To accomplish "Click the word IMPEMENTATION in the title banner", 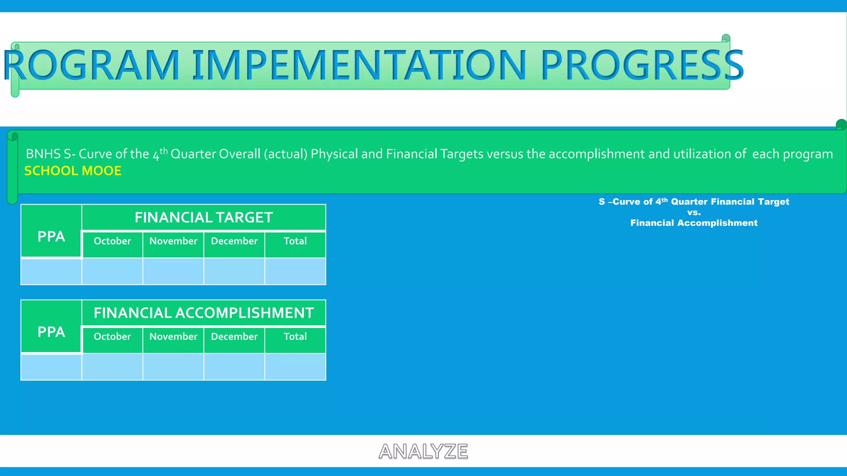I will (x=359, y=65).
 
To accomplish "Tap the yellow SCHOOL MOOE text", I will (x=73, y=171).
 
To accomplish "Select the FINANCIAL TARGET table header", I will (x=203, y=217).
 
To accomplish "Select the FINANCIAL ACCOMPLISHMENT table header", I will (x=203, y=313).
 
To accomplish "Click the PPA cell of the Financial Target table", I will (x=51, y=236).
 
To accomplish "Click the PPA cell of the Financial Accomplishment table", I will (x=51, y=332).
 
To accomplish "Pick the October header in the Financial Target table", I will (x=112, y=241).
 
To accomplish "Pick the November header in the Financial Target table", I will (x=173, y=241).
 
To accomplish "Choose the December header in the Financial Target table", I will (x=234, y=241).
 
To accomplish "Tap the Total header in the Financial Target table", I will (x=295, y=241).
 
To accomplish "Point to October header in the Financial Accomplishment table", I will (x=112, y=336).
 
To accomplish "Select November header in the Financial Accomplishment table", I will (x=173, y=336).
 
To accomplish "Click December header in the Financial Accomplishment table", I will (x=234, y=336).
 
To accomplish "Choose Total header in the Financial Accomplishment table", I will (x=295, y=336).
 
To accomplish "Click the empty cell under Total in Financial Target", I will (x=295, y=271).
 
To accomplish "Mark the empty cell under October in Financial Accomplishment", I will (x=112, y=367).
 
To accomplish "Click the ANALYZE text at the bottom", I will (x=423, y=451).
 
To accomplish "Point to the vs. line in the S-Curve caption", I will (x=694, y=212).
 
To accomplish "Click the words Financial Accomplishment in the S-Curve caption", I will (x=694, y=223).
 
